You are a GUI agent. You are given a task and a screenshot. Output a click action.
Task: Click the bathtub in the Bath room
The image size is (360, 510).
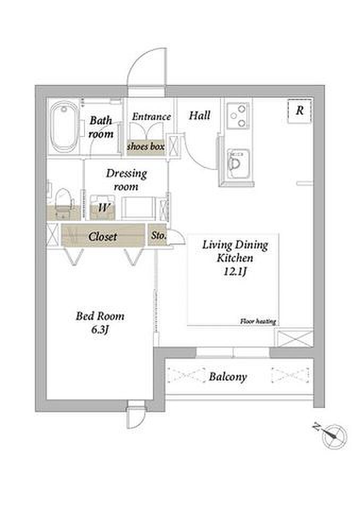(64, 126)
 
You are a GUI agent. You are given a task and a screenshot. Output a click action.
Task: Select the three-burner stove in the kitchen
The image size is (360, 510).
(238, 116)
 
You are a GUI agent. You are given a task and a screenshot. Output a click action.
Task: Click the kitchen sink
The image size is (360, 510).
(238, 164)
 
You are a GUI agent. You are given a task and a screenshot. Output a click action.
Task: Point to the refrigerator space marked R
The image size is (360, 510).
(300, 110)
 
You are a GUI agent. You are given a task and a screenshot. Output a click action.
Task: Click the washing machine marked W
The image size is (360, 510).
(102, 207)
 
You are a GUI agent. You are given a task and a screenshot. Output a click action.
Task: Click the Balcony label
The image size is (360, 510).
(228, 377)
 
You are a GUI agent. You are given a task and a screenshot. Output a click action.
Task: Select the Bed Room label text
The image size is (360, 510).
(100, 316)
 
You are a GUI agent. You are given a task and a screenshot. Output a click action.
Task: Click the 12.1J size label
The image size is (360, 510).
(235, 271)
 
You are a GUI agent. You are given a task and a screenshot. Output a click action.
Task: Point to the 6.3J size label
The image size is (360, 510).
(99, 329)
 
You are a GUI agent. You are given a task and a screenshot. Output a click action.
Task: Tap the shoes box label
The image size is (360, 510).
(145, 147)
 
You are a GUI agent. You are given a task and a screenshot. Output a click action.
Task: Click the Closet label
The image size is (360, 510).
(103, 236)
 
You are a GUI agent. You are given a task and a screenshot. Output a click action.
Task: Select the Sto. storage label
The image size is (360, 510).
(159, 235)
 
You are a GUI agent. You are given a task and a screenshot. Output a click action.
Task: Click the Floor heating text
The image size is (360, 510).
(258, 321)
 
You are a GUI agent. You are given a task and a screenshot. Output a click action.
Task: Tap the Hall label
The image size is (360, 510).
(200, 115)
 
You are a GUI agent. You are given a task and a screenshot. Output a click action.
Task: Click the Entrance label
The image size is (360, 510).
(151, 116)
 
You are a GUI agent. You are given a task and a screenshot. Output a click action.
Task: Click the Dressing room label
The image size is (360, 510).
(126, 180)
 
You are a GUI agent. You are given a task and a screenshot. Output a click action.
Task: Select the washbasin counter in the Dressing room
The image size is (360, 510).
(138, 208)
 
